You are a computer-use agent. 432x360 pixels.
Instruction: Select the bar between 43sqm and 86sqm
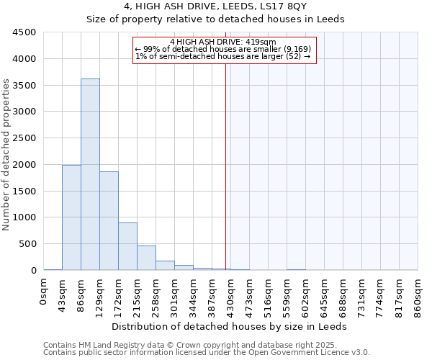[71, 217]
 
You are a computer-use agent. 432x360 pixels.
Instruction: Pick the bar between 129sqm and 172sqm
[109, 220]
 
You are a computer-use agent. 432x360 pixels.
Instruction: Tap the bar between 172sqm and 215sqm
[127, 246]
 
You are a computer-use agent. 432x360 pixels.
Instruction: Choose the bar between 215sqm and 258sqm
[146, 258]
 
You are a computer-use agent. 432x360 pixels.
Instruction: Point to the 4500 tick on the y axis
[26, 32]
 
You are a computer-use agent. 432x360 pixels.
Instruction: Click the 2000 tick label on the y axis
[26, 165]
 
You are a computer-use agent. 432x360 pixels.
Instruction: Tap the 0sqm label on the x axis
[44, 291]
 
